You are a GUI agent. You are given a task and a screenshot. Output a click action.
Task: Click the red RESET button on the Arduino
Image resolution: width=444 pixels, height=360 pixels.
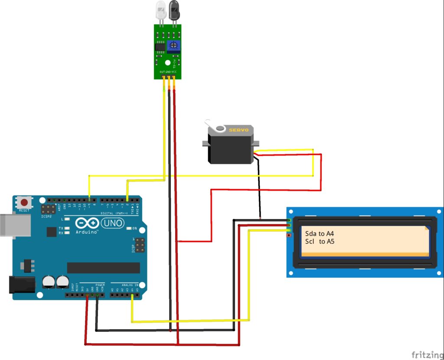click(x=25, y=202)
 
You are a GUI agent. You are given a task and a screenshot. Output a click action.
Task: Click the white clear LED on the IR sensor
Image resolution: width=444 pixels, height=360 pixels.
click(x=161, y=10)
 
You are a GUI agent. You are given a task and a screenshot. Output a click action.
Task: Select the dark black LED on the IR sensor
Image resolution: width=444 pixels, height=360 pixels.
click(x=174, y=10)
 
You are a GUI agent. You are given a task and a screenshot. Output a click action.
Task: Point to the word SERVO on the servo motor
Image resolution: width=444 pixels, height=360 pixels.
click(x=239, y=130)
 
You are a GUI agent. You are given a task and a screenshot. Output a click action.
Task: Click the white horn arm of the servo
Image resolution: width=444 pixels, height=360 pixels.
click(x=216, y=127)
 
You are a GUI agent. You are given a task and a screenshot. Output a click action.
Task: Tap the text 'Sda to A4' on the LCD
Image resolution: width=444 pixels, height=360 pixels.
click(x=320, y=234)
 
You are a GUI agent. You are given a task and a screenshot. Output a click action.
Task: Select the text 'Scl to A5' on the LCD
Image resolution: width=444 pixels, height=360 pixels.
click(x=320, y=241)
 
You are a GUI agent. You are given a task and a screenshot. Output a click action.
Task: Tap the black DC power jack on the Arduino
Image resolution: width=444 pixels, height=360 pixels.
click(x=22, y=284)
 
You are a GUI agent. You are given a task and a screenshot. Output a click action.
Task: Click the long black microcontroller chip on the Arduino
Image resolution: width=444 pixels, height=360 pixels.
click(x=103, y=268)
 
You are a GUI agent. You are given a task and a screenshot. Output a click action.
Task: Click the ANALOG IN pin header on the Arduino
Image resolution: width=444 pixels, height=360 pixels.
click(x=125, y=295)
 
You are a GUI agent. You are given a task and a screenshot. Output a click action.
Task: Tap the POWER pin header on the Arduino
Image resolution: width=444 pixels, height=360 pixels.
click(x=85, y=295)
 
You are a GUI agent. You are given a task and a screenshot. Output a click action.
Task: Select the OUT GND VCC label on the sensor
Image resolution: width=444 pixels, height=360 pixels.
click(x=169, y=71)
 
